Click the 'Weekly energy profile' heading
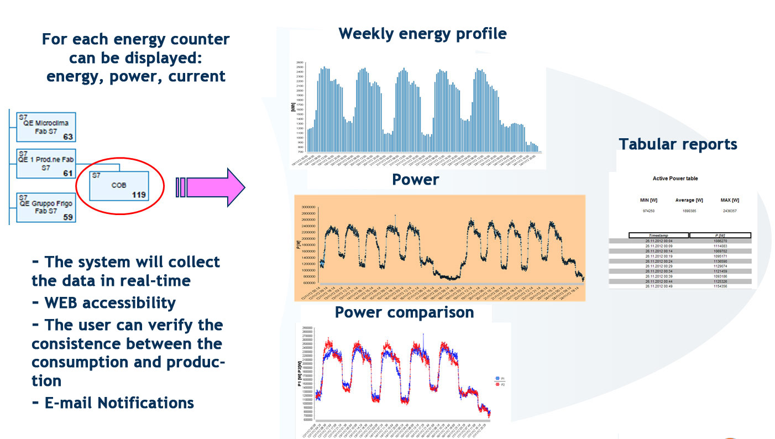click(x=422, y=34)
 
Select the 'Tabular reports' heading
click(x=678, y=144)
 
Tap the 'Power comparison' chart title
click(x=404, y=312)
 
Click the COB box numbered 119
click(x=119, y=186)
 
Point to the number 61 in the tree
click(x=67, y=174)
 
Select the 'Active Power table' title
click(x=675, y=179)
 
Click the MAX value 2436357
click(x=730, y=211)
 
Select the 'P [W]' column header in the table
click(x=720, y=236)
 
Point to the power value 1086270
click(x=720, y=241)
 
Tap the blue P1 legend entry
click(x=499, y=378)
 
